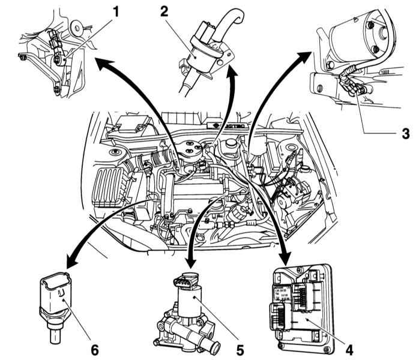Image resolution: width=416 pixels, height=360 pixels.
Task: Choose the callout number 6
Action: pos(94,347)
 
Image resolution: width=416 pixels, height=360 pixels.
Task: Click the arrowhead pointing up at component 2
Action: pos(230,74)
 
